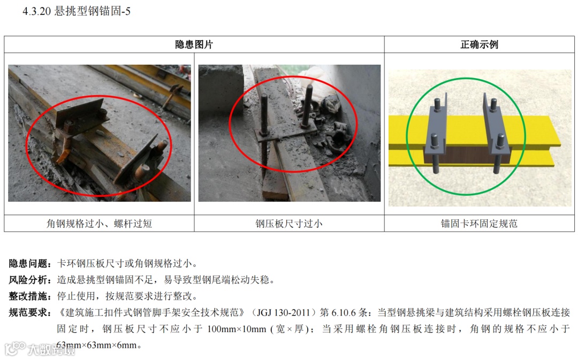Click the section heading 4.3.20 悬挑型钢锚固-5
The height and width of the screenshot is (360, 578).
point(77,11)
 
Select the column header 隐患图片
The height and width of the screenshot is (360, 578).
point(194,44)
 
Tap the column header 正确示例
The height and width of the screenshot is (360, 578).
point(479,44)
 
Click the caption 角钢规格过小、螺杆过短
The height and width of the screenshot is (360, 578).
point(99,223)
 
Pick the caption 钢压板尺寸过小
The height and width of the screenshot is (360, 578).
point(289,223)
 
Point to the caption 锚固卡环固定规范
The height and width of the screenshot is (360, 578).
point(479,223)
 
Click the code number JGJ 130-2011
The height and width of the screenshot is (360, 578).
point(283,312)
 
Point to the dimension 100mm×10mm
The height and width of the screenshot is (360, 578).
point(237,328)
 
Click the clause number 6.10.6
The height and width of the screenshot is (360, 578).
point(344,312)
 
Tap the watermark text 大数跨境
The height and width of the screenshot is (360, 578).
point(51,349)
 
